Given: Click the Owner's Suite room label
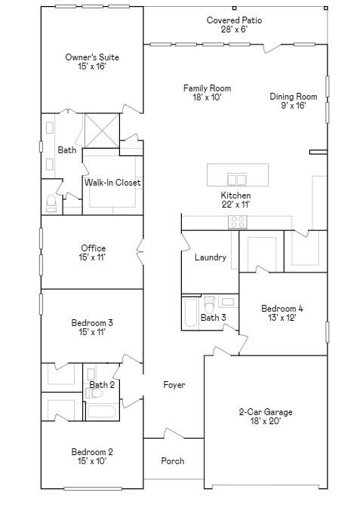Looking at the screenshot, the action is coord(92,57).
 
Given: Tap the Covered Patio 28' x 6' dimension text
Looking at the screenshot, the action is coord(234,29).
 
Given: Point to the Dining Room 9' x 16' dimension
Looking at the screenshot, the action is coord(294,106).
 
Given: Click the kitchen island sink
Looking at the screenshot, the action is coord(237,180).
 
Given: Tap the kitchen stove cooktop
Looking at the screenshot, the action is coord(238,222).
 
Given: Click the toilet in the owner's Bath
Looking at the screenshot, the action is coord(51,204).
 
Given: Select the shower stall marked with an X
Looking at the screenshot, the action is coord(102,131).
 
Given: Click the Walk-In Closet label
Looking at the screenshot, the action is coord(112,183).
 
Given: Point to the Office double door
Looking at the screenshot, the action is coord(140,252).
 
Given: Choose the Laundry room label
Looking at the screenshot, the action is coord(211,257).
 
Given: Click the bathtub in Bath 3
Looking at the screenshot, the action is coord(190,312).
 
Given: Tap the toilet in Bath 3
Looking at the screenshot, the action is coord(208,304).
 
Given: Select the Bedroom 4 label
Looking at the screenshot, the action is coord(282,309).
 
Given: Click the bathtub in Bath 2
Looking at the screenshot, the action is coord(101,411).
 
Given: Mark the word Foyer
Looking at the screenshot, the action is coord(174,385).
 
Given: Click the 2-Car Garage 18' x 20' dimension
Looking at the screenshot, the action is coord(266,421).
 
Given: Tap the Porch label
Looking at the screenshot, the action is coord(173,461).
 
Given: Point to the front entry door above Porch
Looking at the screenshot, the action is coord(174,433).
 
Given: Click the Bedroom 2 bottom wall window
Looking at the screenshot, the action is coord(93,489).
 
